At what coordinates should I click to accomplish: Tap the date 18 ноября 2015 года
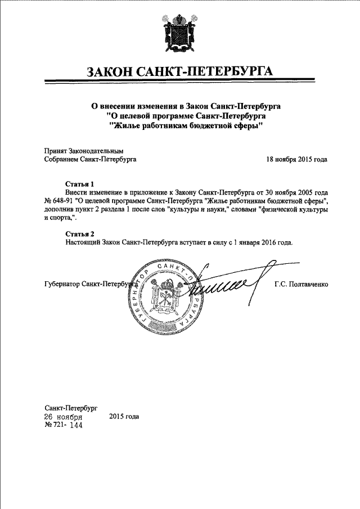(296, 159)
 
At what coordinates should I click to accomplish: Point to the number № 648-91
(58, 200)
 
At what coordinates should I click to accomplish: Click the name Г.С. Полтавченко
(301, 284)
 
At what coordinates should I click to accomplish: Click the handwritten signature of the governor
(225, 284)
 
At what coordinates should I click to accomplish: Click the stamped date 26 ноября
(64, 417)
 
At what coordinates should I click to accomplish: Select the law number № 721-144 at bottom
(63, 426)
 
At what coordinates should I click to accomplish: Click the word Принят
(55, 151)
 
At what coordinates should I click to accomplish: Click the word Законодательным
(96, 151)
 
